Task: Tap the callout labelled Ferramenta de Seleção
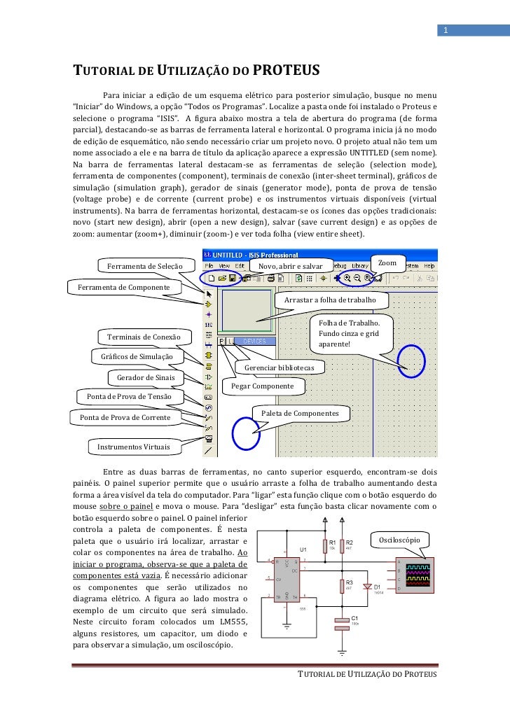(x=144, y=266)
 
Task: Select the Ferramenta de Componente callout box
(x=123, y=288)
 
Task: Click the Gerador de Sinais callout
(x=146, y=377)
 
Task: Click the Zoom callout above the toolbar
(x=387, y=263)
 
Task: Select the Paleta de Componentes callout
(x=300, y=414)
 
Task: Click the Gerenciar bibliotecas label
(x=282, y=367)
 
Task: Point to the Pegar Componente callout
(x=263, y=386)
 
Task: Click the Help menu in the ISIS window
(x=429, y=266)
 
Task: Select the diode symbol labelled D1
(x=368, y=587)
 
